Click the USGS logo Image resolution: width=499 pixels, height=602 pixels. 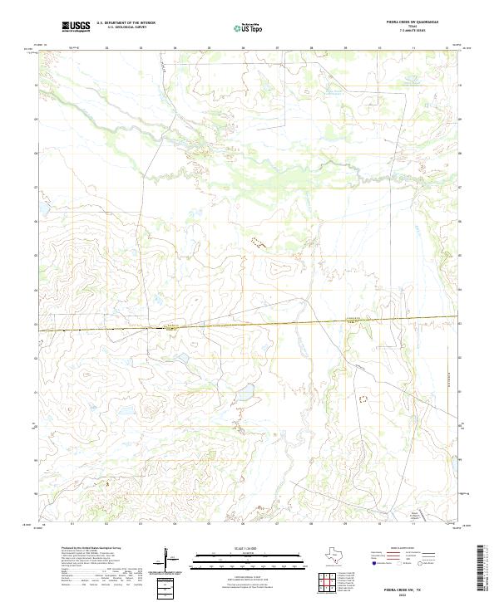pyautogui.click(x=76, y=27)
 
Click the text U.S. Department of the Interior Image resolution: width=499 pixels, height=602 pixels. pyautogui.click(x=126, y=24)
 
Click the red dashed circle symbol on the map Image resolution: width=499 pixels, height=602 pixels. pyautogui.click(x=361, y=399)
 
